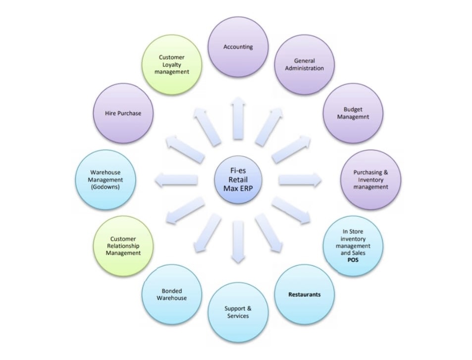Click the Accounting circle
(x=238, y=47)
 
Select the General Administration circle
(x=304, y=64)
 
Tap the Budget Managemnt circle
(x=353, y=113)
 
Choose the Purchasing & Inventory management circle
(x=371, y=180)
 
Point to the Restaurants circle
(x=304, y=295)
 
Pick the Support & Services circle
(x=238, y=312)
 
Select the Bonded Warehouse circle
(x=171, y=295)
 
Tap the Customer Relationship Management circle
(x=123, y=246)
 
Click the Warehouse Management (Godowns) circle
(x=105, y=180)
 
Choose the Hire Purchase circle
(x=123, y=113)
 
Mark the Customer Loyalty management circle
(x=171, y=64)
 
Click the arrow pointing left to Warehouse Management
(x=176, y=180)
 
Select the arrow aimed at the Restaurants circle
(x=268, y=233)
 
